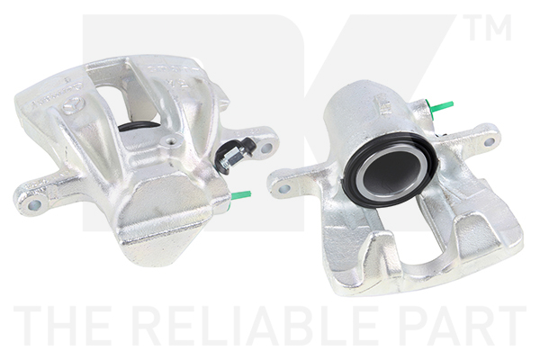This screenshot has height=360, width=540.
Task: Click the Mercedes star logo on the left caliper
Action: pos(73,104)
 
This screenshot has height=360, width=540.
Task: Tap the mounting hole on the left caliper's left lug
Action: pos(35,205)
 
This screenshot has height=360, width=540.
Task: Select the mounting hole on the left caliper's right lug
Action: pos(266,148)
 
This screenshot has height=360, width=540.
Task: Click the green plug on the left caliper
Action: pos(240,195)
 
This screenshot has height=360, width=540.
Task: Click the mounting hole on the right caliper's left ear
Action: pos(284,188)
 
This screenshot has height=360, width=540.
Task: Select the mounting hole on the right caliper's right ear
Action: pos(489,141)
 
